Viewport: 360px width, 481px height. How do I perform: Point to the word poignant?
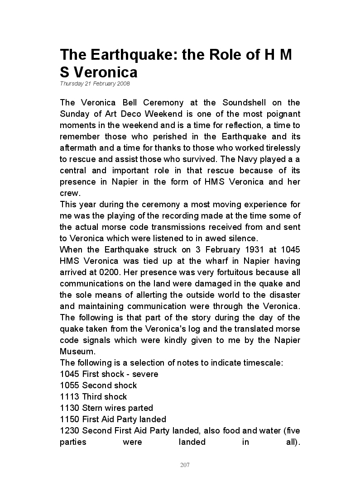(281, 114)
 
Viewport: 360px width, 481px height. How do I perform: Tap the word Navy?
(245, 159)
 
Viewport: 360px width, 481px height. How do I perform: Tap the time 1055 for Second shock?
(70, 386)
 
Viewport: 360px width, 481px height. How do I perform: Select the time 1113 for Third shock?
(70, 397)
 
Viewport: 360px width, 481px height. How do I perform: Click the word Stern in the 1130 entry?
(93, 408)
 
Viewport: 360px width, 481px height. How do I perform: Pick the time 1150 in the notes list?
(70, 419)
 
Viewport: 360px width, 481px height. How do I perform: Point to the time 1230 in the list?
(70, 431)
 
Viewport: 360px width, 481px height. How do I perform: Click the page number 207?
(185, 465)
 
